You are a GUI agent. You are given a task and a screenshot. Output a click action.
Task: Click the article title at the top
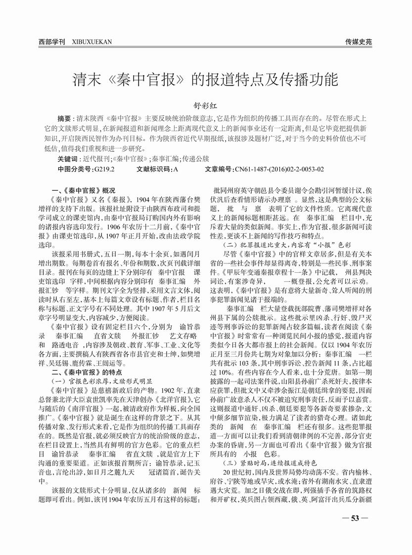(206, 79)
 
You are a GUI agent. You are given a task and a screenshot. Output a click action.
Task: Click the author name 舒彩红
(206, 105)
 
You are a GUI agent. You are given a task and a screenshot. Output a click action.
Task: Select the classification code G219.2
(103, 169)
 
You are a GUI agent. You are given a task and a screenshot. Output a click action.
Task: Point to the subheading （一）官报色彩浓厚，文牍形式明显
(103, 381)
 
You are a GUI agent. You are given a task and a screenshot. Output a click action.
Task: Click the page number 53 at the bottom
(355, 518)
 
